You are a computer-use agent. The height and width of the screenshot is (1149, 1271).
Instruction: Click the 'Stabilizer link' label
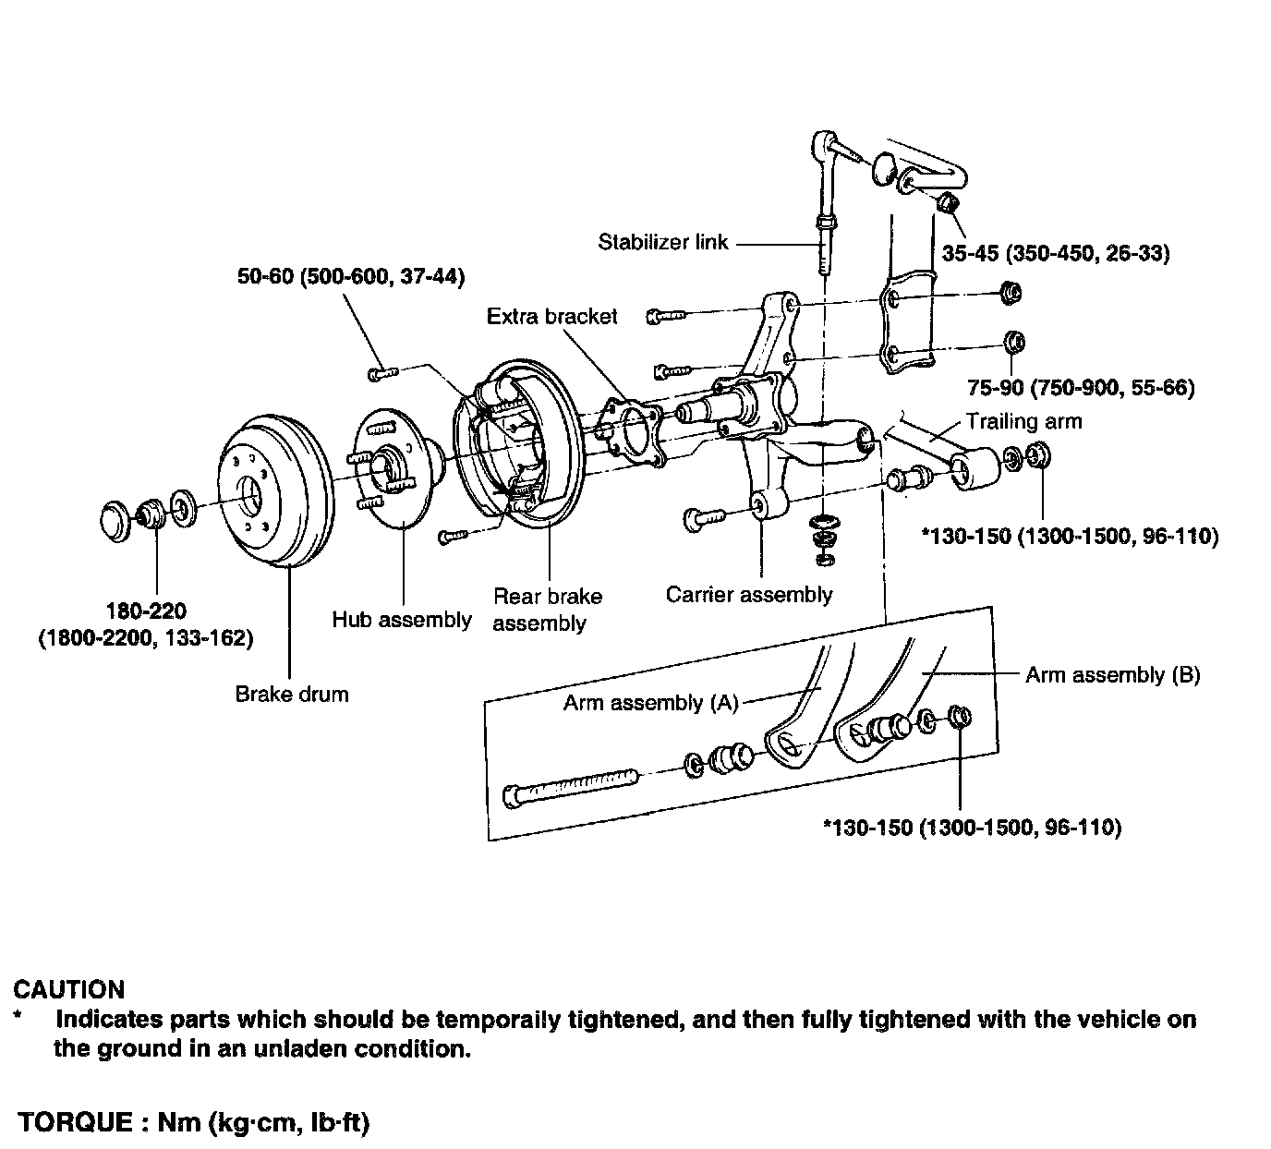click(662, 243)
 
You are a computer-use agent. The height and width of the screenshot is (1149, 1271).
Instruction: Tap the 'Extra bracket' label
click(551, 317)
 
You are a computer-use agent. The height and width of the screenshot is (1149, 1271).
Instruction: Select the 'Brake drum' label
click(292, 694)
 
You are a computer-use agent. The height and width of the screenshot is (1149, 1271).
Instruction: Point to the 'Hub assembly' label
click(402, 620)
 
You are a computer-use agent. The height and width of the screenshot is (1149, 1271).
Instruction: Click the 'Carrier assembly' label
click(749, 595)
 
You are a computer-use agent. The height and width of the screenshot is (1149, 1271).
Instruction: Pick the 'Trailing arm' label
click(1023, 421)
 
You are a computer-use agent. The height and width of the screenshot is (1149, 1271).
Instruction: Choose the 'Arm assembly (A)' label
click(650, 703)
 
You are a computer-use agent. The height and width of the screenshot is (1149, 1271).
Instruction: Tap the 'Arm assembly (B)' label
click(1112, 675)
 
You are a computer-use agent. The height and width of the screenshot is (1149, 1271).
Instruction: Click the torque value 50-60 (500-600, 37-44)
click(349, 276)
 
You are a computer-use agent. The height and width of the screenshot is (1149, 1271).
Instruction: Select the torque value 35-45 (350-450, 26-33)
click(1055, 253)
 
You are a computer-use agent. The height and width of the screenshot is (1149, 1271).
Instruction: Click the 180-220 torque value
click(146, 611)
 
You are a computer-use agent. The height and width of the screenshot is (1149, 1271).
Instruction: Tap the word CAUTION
click(69, 990)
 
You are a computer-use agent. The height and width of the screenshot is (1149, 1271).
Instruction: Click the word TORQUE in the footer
click(77, 1123)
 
